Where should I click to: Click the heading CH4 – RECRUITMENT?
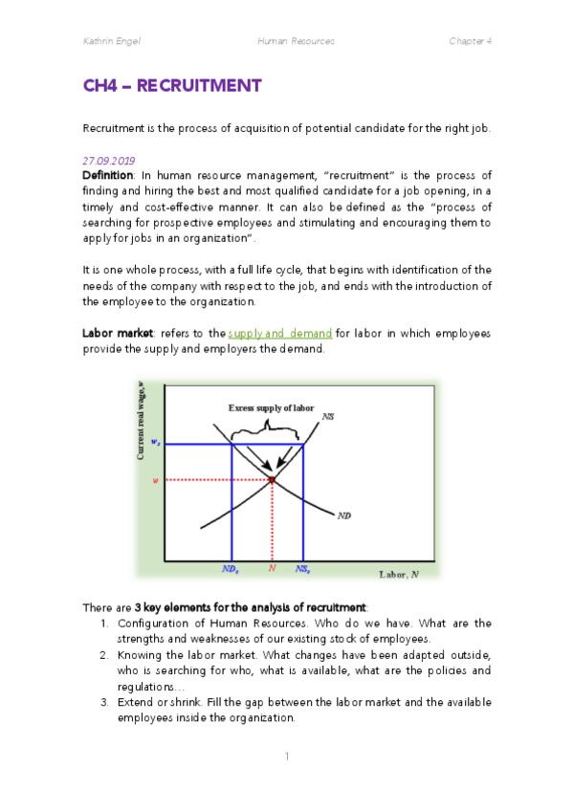(x=172, y=86)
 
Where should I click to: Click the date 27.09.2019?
(x=111, y=161)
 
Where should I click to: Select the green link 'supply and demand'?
(x=279, y=333)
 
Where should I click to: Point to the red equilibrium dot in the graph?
(x=272, y=479)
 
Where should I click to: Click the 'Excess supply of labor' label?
(x=272, y=407)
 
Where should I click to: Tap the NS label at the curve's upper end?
(x=328, y=416)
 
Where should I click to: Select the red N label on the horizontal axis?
(x=272, y=568)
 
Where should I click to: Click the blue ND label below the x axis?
(x=231, y=568)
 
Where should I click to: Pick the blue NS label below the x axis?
(x=302, y=568)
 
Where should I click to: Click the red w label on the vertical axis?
(x=156, y=479)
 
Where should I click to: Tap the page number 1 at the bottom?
(x=286, y=756)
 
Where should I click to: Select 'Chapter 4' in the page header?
(x=471, y=42)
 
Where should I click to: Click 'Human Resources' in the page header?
(x=296, y=42)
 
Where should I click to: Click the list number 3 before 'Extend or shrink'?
(x=104, y=703)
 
